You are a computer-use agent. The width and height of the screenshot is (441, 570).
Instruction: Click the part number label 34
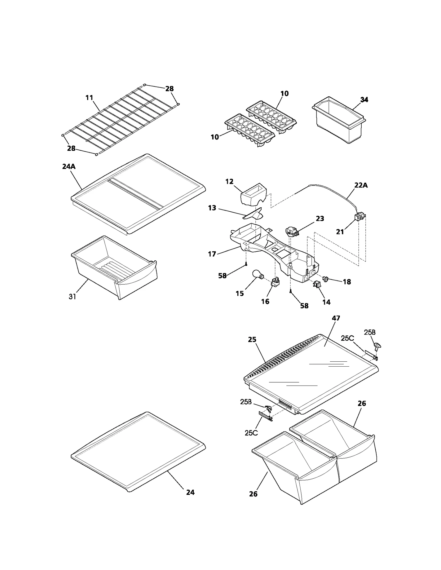pos(364,100)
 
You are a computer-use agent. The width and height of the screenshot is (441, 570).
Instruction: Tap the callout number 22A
pos(361,185)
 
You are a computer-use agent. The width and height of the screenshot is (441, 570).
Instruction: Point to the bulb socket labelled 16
pos(275,282)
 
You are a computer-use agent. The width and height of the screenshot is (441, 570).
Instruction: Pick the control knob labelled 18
pos(326,279)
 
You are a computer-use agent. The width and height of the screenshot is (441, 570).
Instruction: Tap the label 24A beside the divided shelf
pos(69,167)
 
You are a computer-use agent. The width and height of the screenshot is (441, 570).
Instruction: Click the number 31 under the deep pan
pos(72,296)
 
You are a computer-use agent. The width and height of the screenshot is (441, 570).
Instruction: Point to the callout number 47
pos(336,318)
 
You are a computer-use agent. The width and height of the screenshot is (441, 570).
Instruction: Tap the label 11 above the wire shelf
pos(89,98)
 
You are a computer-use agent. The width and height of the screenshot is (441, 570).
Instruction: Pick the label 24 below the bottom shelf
pos(190,492)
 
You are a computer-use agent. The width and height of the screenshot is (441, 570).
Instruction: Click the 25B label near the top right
pos(370,332)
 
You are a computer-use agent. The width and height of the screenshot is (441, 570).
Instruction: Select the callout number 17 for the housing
pos(212,254)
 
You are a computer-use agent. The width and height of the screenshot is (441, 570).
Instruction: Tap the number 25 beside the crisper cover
pos(252,340)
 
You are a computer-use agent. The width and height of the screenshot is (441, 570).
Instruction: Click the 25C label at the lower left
pos(251,433)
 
